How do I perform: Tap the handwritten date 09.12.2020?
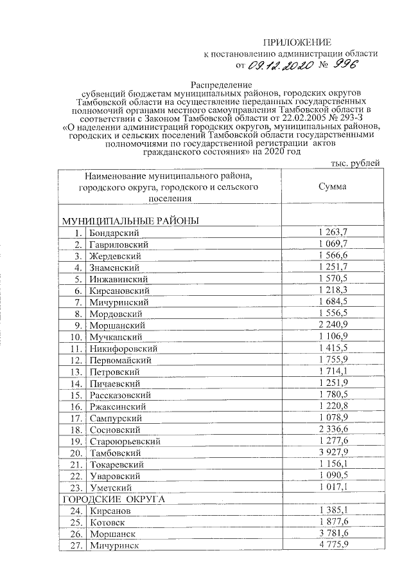coord(279,65)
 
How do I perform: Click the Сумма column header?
coord(332,186)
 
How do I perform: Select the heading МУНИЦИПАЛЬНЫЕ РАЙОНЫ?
coord(130,221)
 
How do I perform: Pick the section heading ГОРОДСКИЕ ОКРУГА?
coord(113,499)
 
